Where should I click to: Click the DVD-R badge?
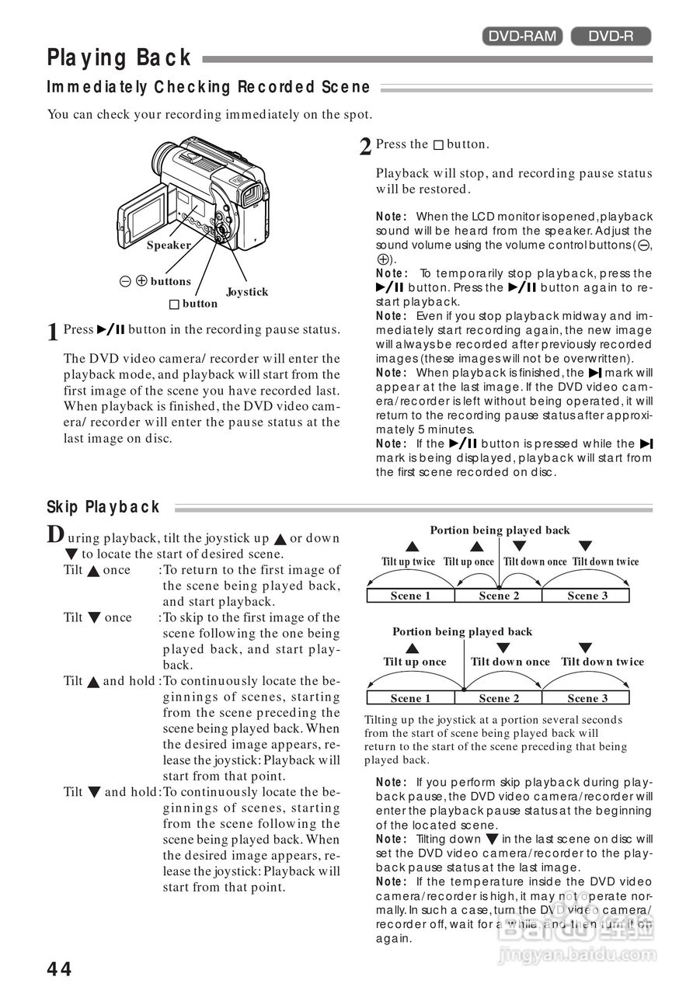[611, 36]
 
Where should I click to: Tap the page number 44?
[59, 969]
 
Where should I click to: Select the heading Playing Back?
[119, 58]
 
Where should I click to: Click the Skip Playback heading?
[103, 507]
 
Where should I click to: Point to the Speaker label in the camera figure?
[169, 245]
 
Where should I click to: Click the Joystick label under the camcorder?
[247, 292]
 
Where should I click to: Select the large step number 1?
[53, 332]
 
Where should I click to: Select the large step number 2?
[365, 147]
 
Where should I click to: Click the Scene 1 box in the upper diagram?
[410, 596]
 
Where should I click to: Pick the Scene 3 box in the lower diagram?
[587, 698]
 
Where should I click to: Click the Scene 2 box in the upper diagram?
[499, 596]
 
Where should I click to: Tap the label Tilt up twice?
[409, 561]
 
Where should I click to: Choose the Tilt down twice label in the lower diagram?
[602, 662]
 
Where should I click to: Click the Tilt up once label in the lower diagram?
[415, 662]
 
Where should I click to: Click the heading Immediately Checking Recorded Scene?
[208, 87]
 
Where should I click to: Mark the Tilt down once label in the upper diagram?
[535, 561]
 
